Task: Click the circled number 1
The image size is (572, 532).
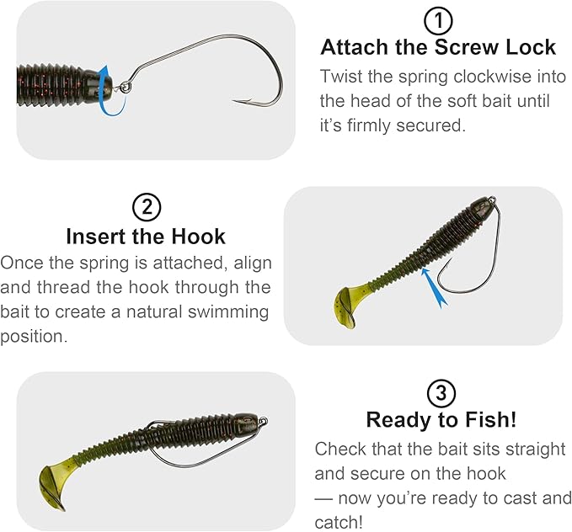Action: pos(438,21)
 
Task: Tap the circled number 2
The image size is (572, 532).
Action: pos(147,207)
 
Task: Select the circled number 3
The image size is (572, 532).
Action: pos(441,393)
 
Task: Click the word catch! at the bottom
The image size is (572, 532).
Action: pos(339,522)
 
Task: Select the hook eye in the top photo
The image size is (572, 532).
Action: pos(126,87)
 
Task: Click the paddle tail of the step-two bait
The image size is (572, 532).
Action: pos(345,306)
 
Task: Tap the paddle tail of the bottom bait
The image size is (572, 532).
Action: pos(53,488)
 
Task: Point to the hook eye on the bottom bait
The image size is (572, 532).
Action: pos(264,422)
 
